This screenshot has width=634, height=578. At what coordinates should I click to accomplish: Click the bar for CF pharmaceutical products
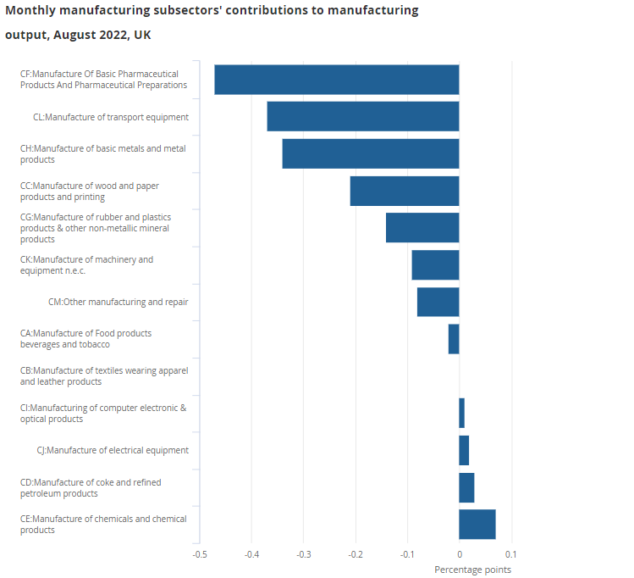click(x=336, y=80)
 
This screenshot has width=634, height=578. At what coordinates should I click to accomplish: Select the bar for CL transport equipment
click(x=362, y=116)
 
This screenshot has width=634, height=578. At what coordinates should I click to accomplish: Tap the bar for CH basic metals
click(x=370, y=153)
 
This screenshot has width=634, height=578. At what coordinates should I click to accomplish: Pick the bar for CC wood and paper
click(x=404, y=191)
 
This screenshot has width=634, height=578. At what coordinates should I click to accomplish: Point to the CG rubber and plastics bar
click(x=422, y=228)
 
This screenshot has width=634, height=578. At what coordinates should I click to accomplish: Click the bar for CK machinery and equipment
click(x=435, y=264)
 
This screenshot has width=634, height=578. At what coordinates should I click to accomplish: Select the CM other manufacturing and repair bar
click(x=438, y=302)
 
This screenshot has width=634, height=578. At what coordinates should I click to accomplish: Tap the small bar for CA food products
click(x=454, y=339)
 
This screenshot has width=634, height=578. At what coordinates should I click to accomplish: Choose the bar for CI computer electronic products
click(x=461, y=413)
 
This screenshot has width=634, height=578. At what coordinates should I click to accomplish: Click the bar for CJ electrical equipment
click(x=464, y=450)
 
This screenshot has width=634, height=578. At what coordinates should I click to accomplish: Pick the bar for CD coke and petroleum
click(x=466, y=487)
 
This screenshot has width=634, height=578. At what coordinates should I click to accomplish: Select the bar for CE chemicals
click(x=477, y=524)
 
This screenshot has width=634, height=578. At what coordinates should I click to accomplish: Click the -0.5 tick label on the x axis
click(x=199, y=555)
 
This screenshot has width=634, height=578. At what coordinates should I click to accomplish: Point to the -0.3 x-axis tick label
click(x=303, y=555)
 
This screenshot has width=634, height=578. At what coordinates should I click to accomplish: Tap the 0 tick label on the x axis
click(x=459, y=555)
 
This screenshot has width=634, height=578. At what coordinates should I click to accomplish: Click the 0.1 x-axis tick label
click(x=510, y=555)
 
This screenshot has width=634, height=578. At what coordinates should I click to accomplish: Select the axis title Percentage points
click(x=472, y=570)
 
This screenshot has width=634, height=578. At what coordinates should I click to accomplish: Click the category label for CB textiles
click(x=104, y=376)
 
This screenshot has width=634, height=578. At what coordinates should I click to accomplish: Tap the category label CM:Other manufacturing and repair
click(x=118, y=302)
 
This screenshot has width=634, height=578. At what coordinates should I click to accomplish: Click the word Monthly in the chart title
click(x=33, y=11)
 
